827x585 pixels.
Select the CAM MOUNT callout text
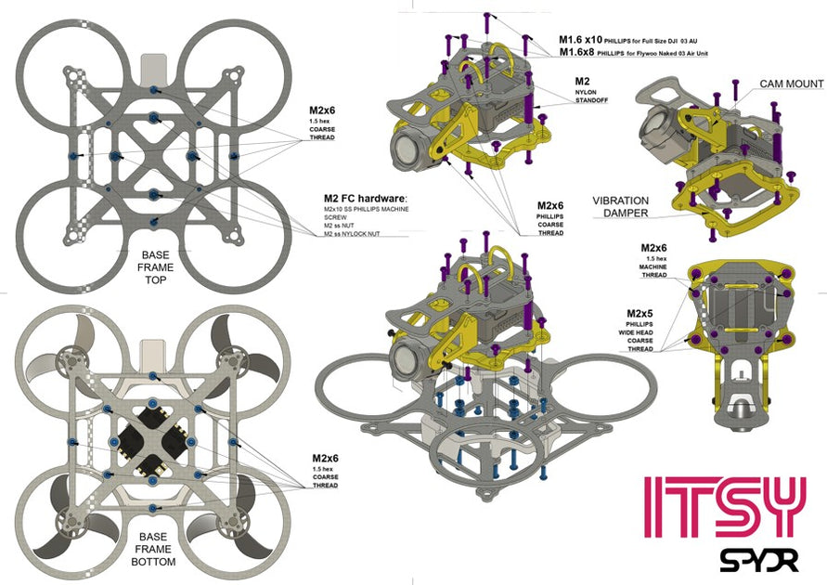coord(791,84)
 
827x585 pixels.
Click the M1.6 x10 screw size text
coord(579,40)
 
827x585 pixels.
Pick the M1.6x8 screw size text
coord(577,53)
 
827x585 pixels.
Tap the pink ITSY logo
coord(724,508)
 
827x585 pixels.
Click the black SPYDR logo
coord(754,558)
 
